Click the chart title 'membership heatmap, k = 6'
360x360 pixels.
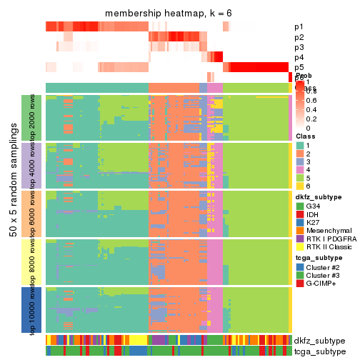(x=168, y=14)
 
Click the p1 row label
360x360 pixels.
(x=299, y=27)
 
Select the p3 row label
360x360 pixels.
(x=299, y=47)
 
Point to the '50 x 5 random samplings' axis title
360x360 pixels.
(x=14, y=214)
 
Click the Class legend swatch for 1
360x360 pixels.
(x=300, y=146)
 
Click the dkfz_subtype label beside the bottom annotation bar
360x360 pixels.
(x=319, y=341)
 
